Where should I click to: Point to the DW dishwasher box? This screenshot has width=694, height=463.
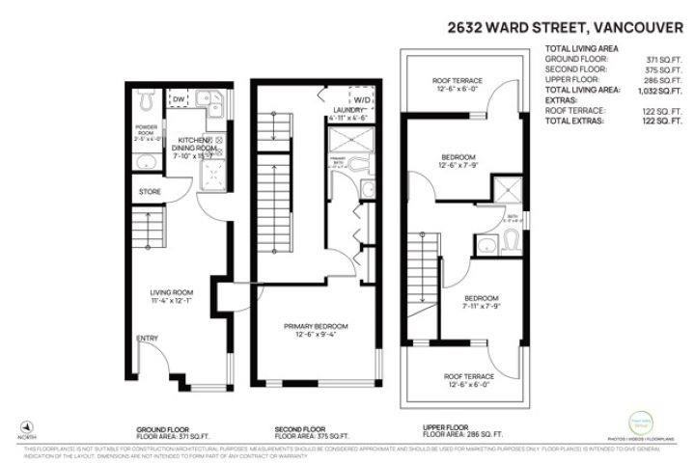[x=179, y=98]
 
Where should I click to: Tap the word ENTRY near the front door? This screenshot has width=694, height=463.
[x=148, y=339]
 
